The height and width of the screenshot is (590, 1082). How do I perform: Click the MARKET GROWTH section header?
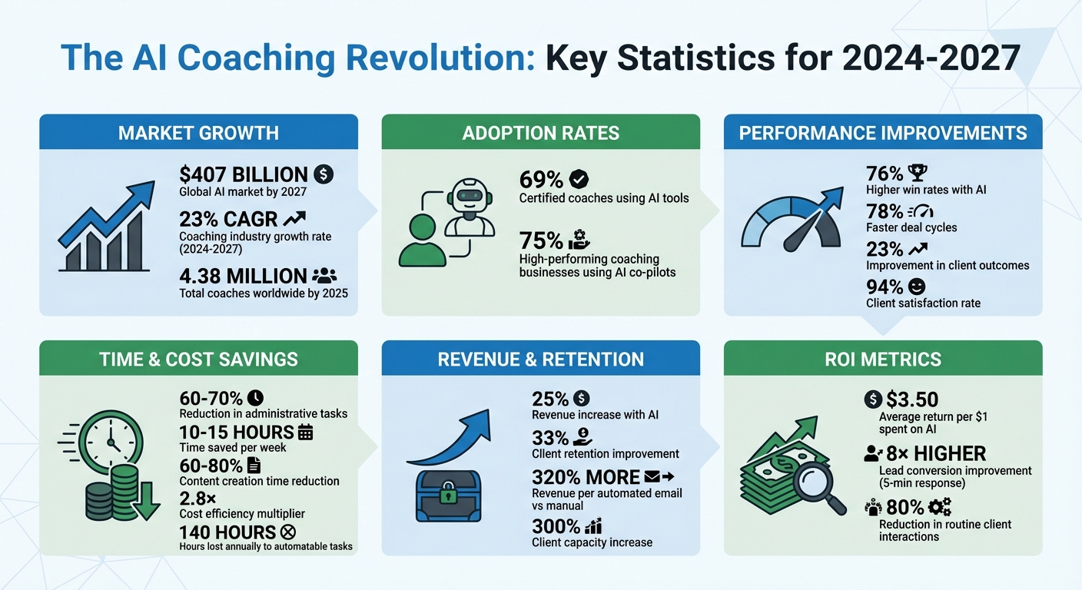point(198,132)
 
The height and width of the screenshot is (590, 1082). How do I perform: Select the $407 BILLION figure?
point(243,174)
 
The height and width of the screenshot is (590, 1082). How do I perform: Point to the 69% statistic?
point(542,180)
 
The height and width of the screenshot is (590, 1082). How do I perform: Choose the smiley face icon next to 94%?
point(916,287)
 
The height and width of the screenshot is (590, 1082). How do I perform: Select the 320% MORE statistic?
point(586,477)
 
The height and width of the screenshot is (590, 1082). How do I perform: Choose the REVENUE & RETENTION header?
point(540,359)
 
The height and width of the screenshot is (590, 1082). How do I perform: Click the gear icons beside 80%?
point(939,507)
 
